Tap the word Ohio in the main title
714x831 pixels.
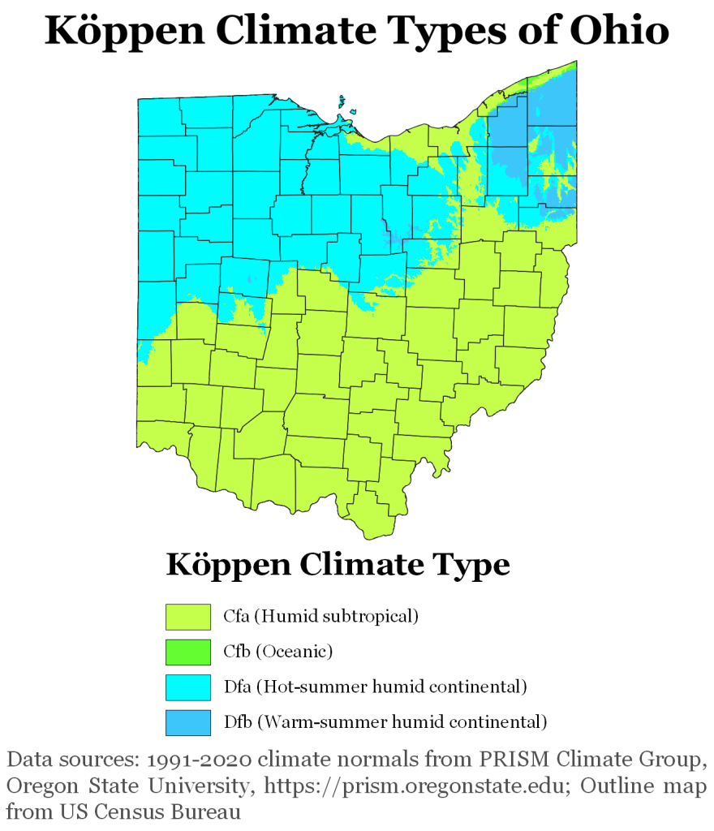(620, 32)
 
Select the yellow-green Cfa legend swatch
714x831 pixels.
(188, 616)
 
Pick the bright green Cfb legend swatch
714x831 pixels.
(188, 652)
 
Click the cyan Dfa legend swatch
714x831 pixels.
(188, 687)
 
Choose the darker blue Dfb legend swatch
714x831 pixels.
(188, 721)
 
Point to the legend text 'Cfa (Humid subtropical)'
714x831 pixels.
(320, 616)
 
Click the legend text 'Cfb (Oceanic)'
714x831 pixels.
(278, 651)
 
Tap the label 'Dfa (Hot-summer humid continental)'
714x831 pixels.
(376, 687)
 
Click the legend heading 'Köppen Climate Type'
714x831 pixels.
(338, 564)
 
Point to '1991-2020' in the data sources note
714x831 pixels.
(191, 760)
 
